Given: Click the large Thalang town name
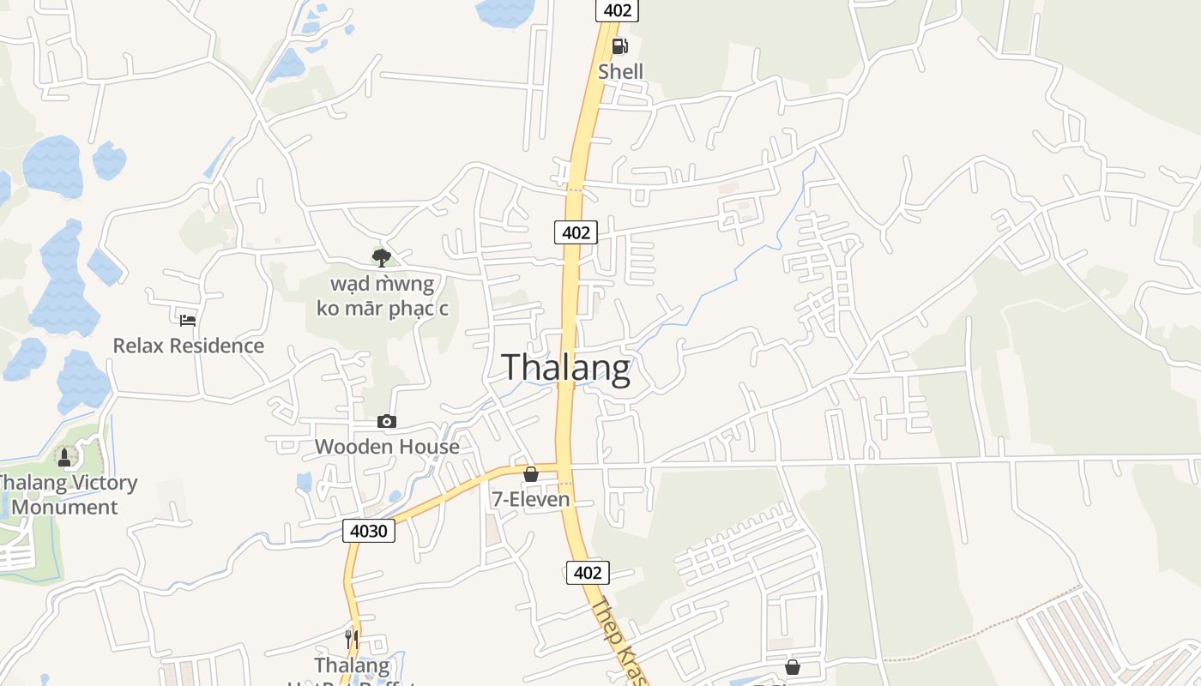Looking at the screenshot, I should tap(566, 367).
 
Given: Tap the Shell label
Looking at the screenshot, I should tap(620, 71).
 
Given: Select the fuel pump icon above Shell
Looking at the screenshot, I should tap(619, 46).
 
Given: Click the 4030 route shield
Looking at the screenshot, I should tap(370, 531).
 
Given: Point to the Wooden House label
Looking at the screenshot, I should tap(387, 446).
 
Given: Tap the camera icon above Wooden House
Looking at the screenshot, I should tap(387, 421).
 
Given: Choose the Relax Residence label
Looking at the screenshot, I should tap(189, 346).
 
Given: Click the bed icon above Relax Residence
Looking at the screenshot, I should tap(188, 321).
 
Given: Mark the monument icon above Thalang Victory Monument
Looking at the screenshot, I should tap(64, 457).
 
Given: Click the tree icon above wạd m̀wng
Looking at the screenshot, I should tap(382, 256).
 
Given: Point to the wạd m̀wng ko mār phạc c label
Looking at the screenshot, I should tap(382, 296).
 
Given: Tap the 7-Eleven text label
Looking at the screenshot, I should tap(531, 499).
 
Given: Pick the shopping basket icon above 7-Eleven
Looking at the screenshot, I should tap(531, 474).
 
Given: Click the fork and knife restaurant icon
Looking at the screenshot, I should tap(352, 640).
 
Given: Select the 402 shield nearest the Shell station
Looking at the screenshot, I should tap(618, 10).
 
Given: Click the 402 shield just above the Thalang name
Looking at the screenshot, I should tap(576, 232).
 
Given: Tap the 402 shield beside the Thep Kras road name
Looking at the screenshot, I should tap(588, 572).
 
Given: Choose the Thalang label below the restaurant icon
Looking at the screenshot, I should tap(352, 665).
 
